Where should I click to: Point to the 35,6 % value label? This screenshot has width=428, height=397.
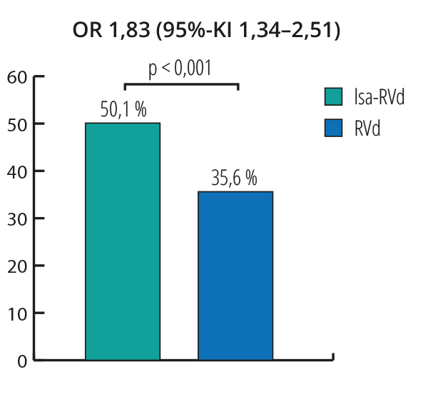pyautogui.click(x=235, y=179)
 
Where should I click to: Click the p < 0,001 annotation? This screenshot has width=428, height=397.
pyautogui.click(x=180, y=69)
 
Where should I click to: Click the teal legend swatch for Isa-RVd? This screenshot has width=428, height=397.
pyautogui.click(x=335, y=97)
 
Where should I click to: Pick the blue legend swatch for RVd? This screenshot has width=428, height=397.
pyautogui.click(x=335, y=129)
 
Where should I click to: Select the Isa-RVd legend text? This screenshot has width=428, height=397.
pyautogui.click(x=379, y=97)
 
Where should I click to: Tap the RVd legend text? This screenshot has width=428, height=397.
pyautogui.click(x=367, y=129)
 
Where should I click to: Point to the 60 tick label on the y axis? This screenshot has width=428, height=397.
pyautogui.click(x=17, y=77)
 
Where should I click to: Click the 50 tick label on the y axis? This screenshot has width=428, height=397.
pyautogui.click(x=17, y=124)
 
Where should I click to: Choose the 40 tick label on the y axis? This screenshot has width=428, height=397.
pyautogui.click(x=17, y=171)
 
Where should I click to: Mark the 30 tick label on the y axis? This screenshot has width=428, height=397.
pyautogui.click(x=17, y=218)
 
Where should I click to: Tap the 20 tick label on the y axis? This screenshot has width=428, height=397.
pyautogui.click(x=17, y=266)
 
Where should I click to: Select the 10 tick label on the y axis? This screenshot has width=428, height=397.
pyautogui.click(x=17, y=313)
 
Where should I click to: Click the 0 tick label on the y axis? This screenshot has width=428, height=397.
pyautogui.click(x=22, y=361)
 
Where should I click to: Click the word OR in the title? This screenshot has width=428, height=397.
pyautogui.click(x=86, y=31)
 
